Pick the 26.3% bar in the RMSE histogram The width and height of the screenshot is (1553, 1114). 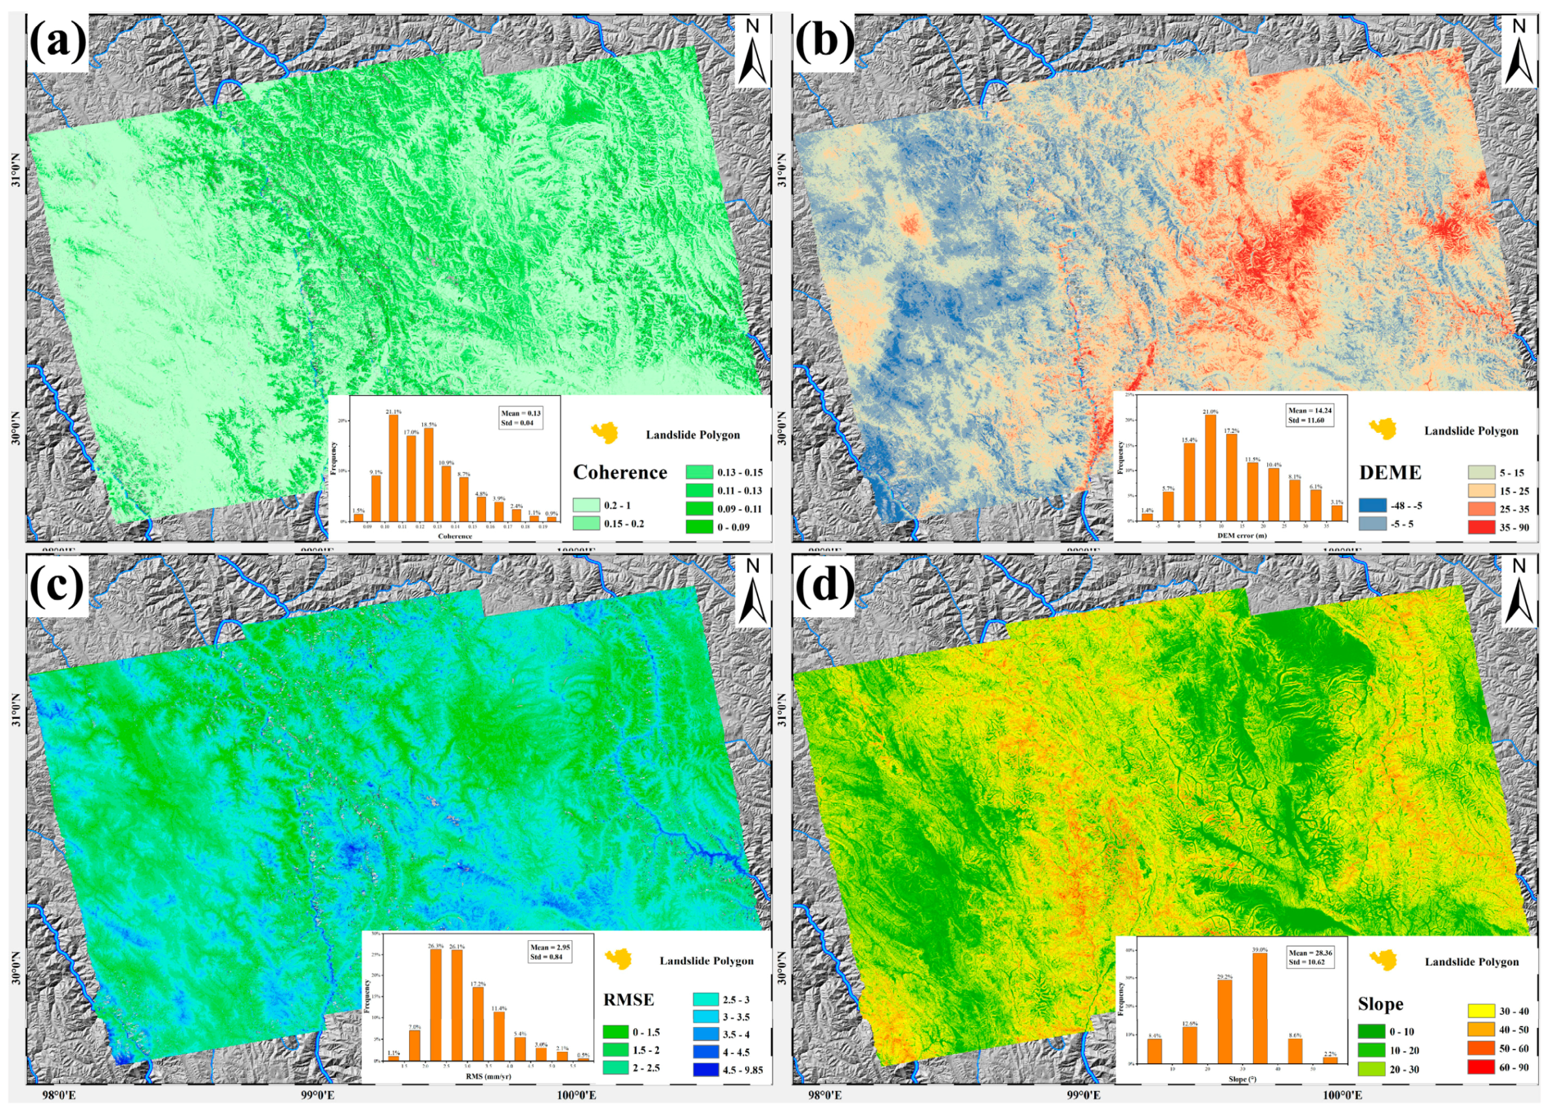click(x=435, y=1004)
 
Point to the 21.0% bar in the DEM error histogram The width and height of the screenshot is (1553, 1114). click(x=1210, y=468)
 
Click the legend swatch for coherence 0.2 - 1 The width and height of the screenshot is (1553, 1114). click(x=586, y=505)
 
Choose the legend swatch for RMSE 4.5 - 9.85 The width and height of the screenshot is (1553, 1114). click(x=698, y=1070)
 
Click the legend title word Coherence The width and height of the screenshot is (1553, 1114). click(x=620, y=472)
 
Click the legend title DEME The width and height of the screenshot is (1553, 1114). click(x=1390, y=472)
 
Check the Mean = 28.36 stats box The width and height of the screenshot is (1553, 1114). click(x=1310, y=957)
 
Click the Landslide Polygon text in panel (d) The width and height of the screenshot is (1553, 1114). click(x=1471, y=962)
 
